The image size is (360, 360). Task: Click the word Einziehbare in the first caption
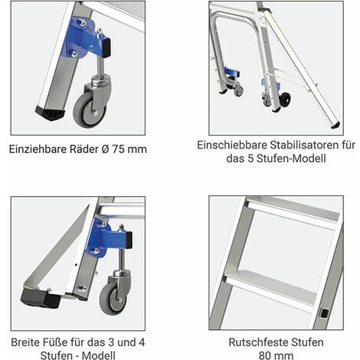coord(38,149)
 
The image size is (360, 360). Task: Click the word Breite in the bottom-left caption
coord(25,342)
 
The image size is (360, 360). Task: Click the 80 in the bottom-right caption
coord(265,355)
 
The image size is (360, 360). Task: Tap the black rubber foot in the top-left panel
coord(50,112)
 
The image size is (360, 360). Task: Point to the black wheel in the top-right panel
coord(285,100)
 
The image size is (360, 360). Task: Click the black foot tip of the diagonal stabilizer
coord(335,126)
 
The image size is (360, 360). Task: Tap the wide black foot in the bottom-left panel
coord(41,297)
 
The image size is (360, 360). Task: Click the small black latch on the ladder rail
coord(324,313)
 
